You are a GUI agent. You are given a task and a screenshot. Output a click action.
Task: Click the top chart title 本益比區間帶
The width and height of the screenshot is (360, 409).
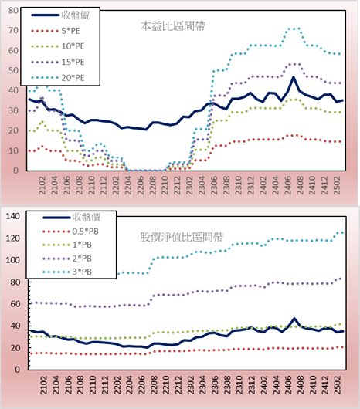(x=173, y=26)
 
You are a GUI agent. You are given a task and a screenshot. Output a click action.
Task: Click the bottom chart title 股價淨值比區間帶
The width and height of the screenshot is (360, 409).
(x=182, y=237)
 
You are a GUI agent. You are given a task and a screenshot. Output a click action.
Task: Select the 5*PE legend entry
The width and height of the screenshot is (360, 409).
(x=56, y=31)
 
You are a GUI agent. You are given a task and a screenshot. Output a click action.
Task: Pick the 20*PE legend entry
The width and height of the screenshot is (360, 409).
(x=58, y=78)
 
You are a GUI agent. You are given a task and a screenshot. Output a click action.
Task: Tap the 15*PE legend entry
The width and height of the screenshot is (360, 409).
(x=58, y=62)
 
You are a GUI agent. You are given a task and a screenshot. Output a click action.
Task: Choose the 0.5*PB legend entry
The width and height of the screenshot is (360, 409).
(x=70, y=232)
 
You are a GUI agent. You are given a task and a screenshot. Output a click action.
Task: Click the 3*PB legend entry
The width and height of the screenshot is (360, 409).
(x=67, y=272)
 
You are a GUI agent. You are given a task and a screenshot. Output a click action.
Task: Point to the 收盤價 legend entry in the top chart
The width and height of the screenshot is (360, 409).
(x=60, y=15)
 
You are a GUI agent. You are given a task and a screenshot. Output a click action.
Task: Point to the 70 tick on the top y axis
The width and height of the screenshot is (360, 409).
(x=13, y=31)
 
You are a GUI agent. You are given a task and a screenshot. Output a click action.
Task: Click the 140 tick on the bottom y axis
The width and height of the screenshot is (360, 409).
(x=12, y=216)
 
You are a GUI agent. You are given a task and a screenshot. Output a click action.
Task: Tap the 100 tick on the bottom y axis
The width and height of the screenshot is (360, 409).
(x=12, y=260)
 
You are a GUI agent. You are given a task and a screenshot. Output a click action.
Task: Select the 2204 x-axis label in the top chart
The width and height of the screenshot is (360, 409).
(x=128, y=185)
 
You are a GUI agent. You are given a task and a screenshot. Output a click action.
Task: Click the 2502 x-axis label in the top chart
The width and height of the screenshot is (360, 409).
(x=338, y=185)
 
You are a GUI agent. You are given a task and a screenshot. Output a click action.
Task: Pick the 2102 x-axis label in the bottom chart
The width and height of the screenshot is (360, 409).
(x=43, y=385)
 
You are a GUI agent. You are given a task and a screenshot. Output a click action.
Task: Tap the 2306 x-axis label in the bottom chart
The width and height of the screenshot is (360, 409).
(x=215, y=385)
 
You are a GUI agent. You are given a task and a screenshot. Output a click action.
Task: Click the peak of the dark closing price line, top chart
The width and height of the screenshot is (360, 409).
(x=294, y=77)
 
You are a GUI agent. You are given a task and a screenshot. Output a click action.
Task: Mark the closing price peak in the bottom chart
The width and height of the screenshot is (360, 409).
(x=294, y=318)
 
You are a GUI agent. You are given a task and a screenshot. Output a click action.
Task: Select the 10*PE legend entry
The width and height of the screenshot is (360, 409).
(x=58, y=46)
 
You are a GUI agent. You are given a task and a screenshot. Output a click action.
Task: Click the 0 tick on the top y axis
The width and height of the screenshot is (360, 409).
(x=16, y=171)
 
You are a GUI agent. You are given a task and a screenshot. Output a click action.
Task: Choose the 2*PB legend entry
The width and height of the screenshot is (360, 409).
(x=67, y=259)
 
